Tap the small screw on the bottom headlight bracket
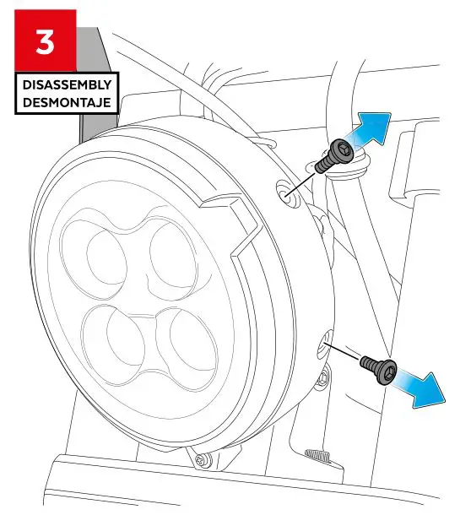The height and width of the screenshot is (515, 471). click(x=201, y=460)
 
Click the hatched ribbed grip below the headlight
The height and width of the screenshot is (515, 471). click(x=318, y=456)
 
